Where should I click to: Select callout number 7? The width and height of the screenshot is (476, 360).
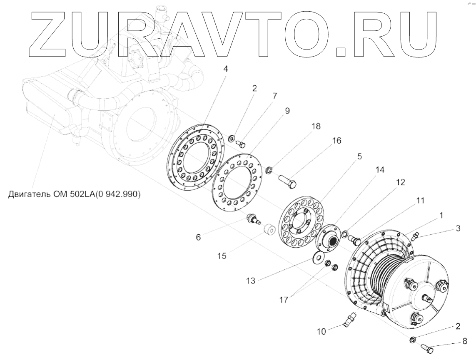[x=274, y=96]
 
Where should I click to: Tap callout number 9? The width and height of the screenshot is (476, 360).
[x=287, y=111]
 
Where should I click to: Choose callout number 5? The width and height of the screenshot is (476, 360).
[x=359, y=156]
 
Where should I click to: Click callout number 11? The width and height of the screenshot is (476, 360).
[x=420, y=201]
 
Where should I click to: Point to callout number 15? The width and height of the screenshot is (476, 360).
[x=222, y=256]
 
